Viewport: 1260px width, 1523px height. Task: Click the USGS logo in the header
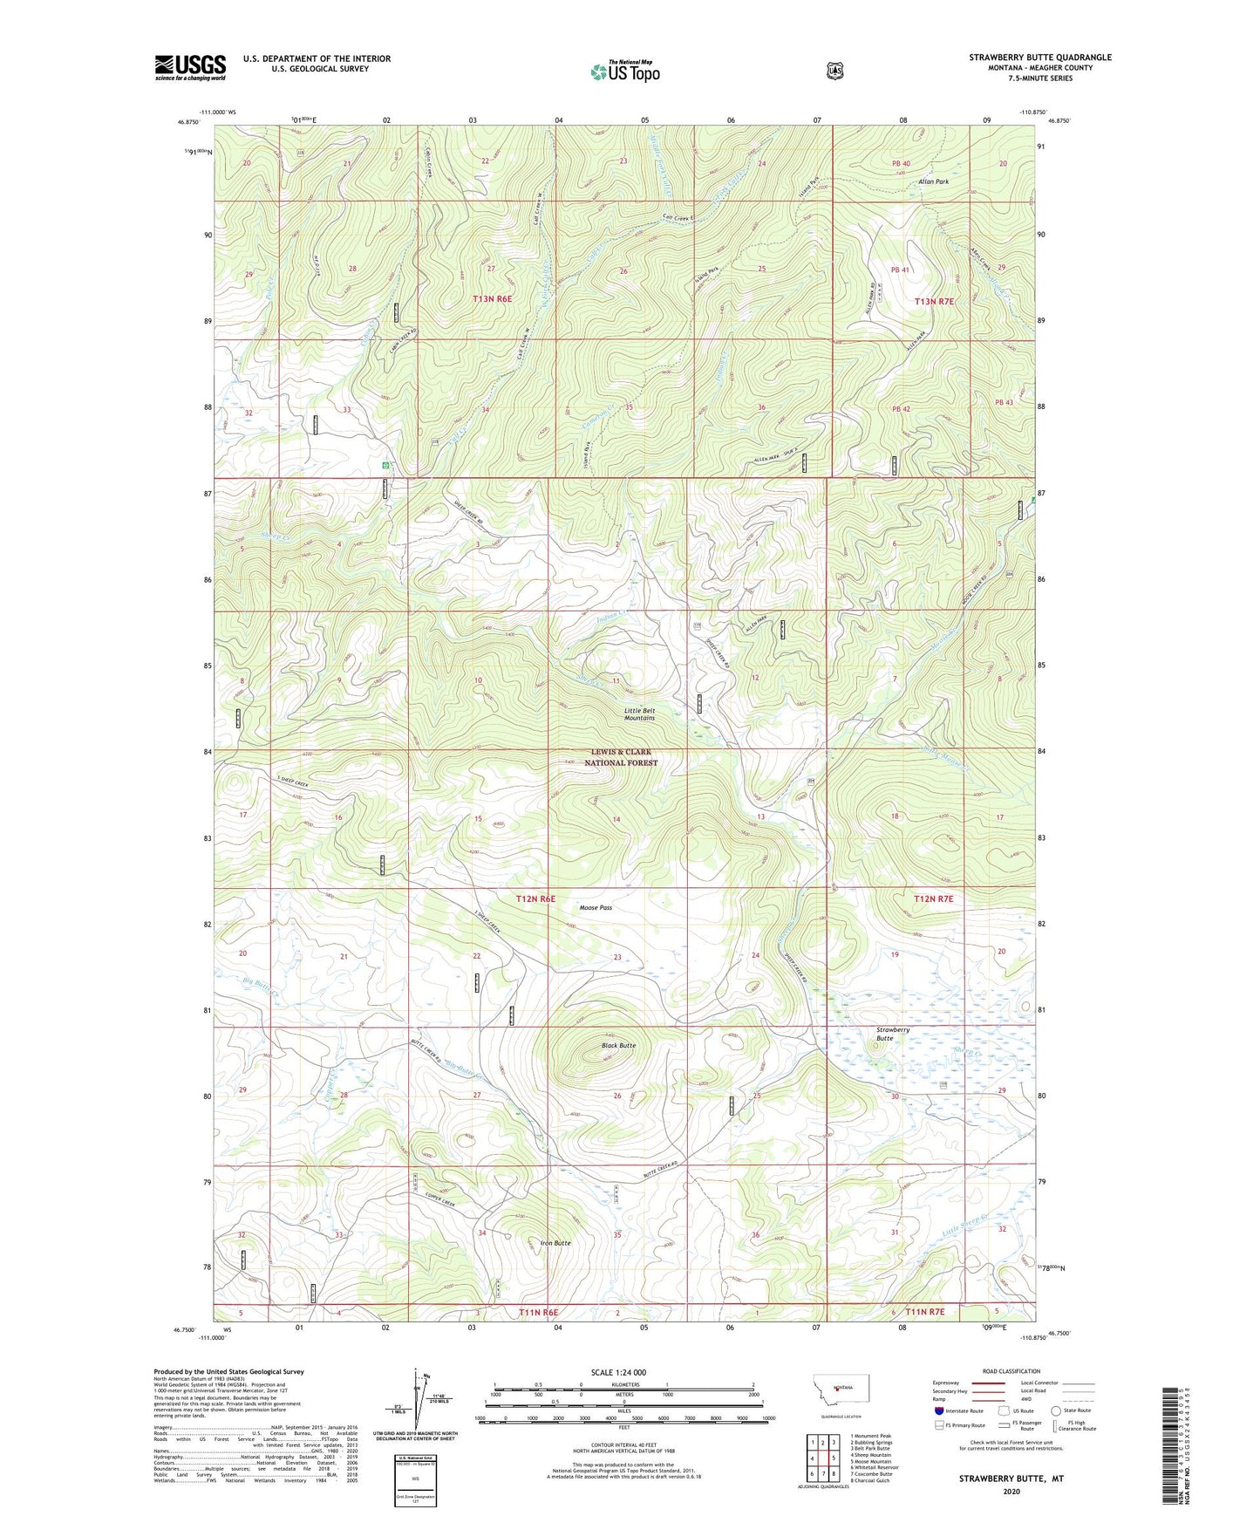pos(190,67)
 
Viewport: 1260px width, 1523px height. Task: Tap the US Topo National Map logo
pos(624,72)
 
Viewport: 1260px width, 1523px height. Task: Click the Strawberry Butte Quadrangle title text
pos(1039,58)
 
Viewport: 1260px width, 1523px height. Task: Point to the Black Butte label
pos(618,1045)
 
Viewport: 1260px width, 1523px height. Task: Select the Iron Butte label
pos(555,1243)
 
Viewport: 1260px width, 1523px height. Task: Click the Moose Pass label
pos(596,908)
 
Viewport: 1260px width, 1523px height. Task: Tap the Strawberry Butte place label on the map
pos(892,1035)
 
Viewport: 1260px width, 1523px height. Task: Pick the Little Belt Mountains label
pos(639,714)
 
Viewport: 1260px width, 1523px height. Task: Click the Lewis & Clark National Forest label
pos(621,757)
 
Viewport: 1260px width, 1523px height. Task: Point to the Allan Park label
pos(933,181)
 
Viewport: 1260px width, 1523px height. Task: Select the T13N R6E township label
pos(492,298)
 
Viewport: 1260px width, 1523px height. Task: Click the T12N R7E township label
pos(934,898)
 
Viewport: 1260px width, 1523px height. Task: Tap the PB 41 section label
pos(900,270)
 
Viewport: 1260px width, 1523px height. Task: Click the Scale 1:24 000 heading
pos(618,1373)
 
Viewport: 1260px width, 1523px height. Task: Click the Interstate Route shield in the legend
pos(938,1410)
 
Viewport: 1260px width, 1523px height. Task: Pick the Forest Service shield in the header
pos(834,71)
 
